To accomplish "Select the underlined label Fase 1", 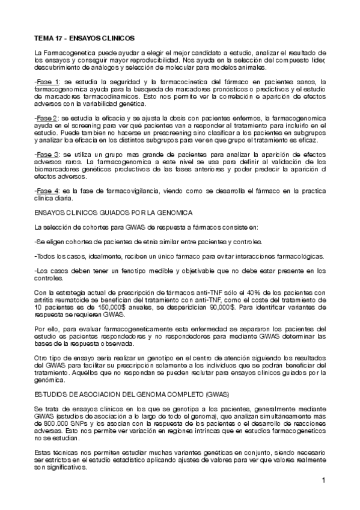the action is (x=48, y=82).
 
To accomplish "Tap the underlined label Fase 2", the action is (x=48, y=117).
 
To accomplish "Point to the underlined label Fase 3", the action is (x=48, y=153).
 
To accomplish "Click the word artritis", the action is (x=44, y=299).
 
